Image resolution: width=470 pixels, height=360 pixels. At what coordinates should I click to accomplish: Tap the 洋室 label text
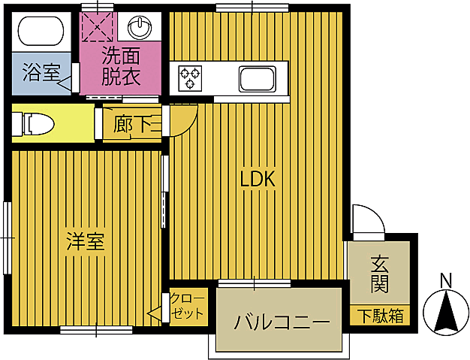86,242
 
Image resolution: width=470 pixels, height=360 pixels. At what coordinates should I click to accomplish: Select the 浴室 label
41,73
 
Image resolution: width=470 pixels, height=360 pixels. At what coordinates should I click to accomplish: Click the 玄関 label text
379,274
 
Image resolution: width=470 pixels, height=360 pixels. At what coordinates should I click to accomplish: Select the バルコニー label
282,323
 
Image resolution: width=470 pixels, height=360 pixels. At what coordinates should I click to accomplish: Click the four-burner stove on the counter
190,76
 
